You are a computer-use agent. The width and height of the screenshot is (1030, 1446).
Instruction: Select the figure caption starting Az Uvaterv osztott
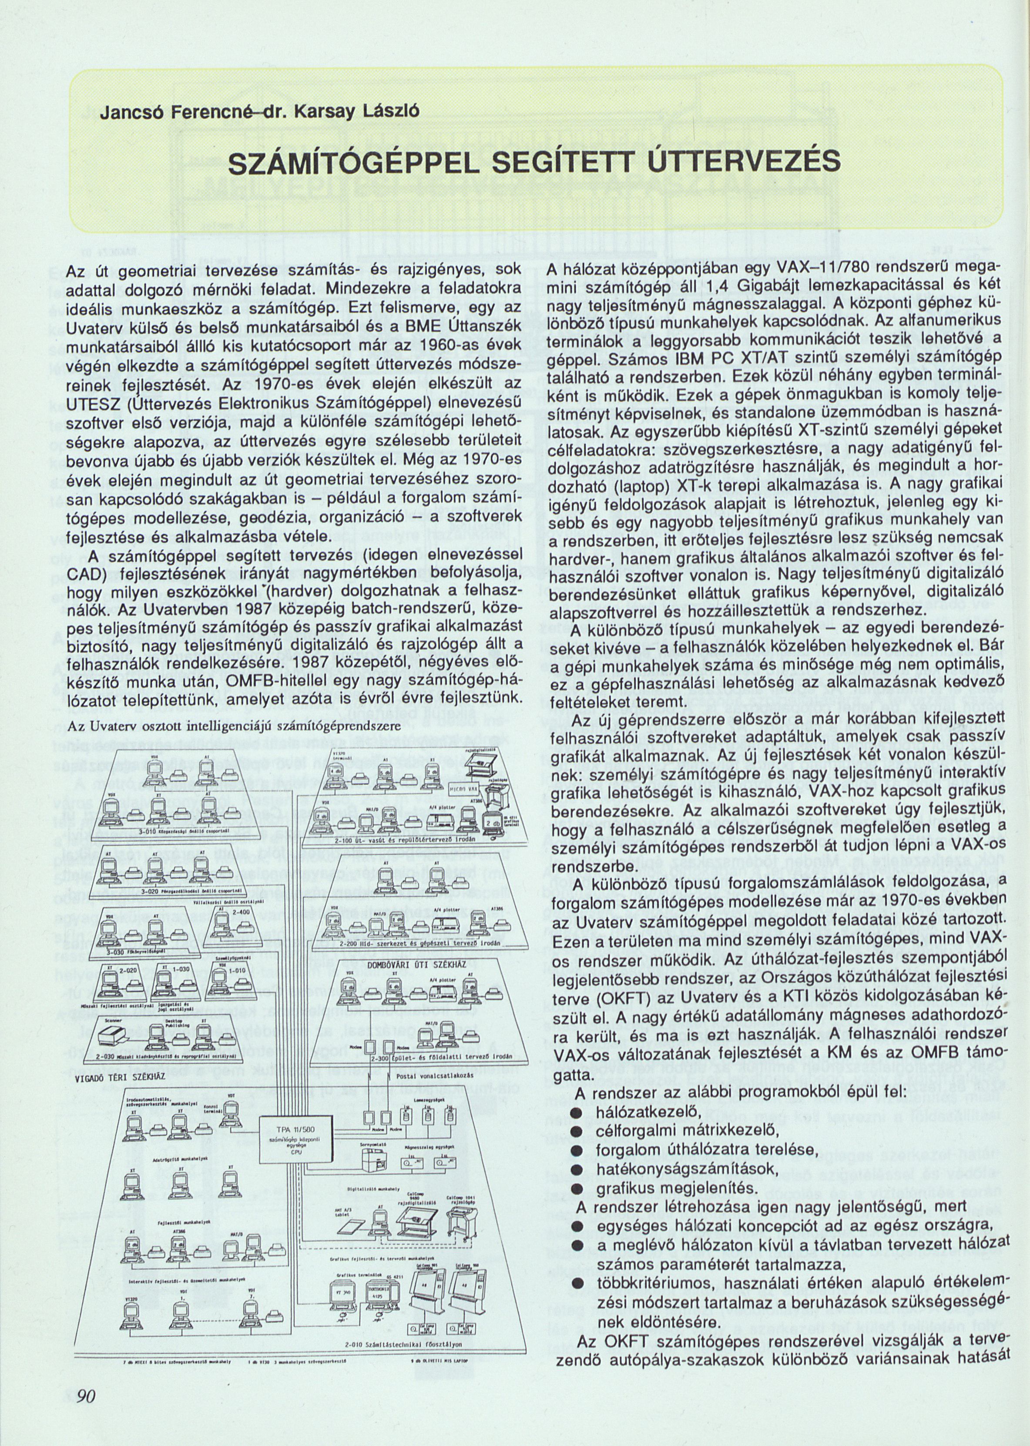click(231, 726)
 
